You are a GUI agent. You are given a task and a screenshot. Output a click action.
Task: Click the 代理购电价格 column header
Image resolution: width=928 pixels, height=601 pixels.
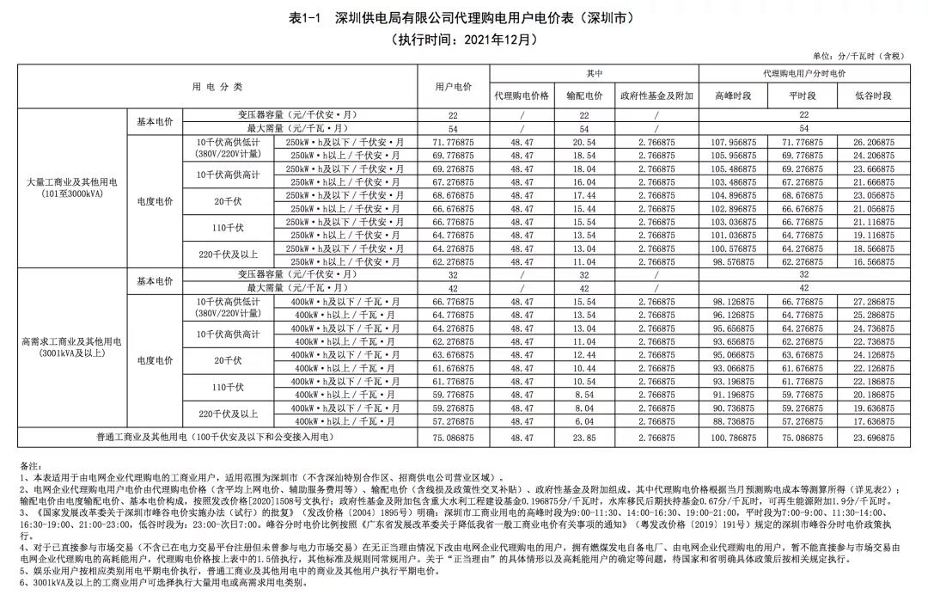[x=522, y=95]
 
